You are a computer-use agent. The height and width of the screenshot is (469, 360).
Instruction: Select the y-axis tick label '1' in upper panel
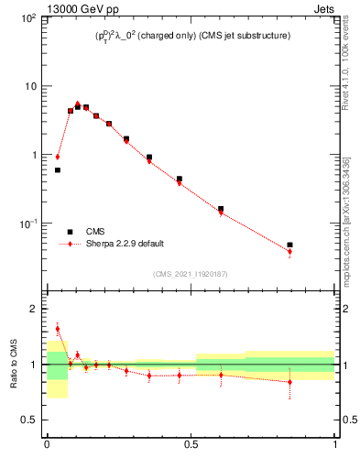(34, 155)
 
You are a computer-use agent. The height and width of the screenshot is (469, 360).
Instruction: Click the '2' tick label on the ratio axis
(34, 309)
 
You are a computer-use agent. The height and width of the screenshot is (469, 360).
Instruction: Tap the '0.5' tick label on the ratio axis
(30, 420)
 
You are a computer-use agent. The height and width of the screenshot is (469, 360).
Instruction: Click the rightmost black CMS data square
(289, 245)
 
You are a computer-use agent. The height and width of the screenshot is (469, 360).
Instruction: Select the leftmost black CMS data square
(58, 169)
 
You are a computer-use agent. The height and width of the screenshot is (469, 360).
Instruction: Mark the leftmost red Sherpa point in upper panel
(58, 157)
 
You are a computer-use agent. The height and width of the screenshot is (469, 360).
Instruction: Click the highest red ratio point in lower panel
(58, 328)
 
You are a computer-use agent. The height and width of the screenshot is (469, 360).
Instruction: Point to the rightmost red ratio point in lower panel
(289, 382)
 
